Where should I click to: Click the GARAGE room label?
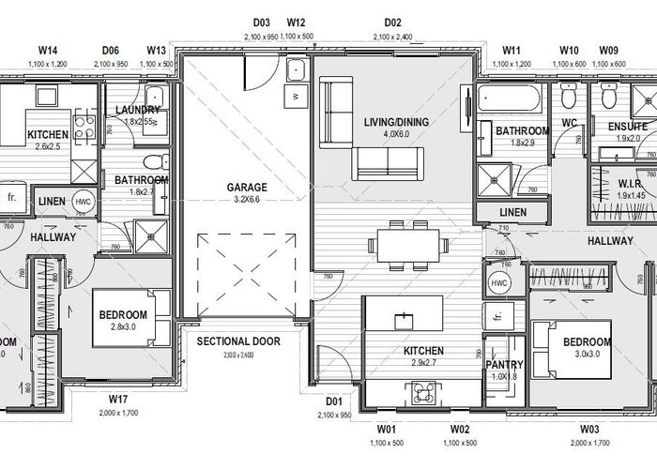point(247,187)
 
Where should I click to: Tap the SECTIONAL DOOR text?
point(237,341)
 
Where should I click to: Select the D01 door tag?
point(332,402)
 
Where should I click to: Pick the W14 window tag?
point(49,49)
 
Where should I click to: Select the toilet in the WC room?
point(568,97)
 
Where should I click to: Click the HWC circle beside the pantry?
point(497,282)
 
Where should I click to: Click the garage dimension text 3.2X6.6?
point(247,199)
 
